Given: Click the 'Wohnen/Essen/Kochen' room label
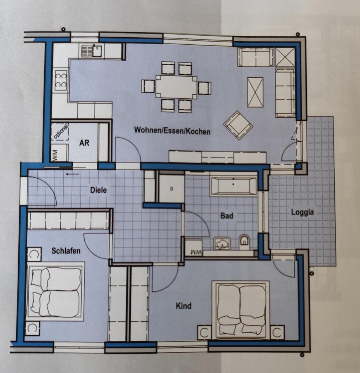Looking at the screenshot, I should tap(172, 131).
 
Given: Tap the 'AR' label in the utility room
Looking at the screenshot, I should tap(84, 143).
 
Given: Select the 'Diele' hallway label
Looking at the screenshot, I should tap(98, 190).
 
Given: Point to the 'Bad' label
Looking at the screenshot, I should tap(226, 215).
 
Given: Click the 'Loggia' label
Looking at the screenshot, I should tap(302, 212).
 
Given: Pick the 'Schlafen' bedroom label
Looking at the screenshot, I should tap(66, 251).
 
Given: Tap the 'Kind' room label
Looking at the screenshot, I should tap(183, 306).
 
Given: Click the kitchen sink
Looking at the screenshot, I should tap(92, 51).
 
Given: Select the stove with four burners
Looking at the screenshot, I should tap(61, 80).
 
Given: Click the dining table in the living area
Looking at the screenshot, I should tap(176, 87).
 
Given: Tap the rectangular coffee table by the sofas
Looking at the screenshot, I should tap(255, 92).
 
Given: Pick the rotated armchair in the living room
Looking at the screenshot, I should tap(238, 125).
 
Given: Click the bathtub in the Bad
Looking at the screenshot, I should tap(233, 186).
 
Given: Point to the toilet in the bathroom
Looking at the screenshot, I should tap(244, 242).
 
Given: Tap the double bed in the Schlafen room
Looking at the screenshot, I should tap(56, 291).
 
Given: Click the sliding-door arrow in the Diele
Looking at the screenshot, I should tap(72, 174).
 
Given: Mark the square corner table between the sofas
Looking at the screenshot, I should tap(285, 58).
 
